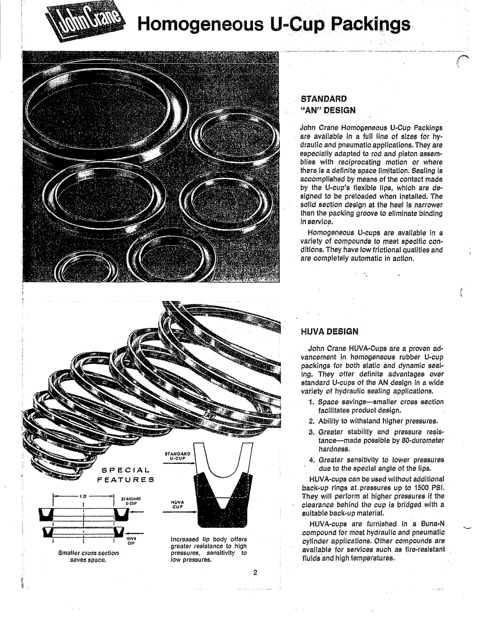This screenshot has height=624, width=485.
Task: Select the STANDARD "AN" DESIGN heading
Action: click(x=328, y=104)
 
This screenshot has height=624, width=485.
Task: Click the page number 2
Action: click(x=255, y=573)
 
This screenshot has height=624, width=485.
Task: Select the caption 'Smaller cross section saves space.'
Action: click(x=88, y=556)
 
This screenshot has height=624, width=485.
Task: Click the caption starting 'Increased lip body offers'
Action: click(x=209, y=549)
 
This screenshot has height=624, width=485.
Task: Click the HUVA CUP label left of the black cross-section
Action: click(x=178, y=504)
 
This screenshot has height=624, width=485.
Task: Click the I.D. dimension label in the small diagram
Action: click(x=83, y=496)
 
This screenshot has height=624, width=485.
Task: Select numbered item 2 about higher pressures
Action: click(x=374, y=421)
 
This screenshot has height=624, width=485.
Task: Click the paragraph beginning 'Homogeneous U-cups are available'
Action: click(x=372, y=246)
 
